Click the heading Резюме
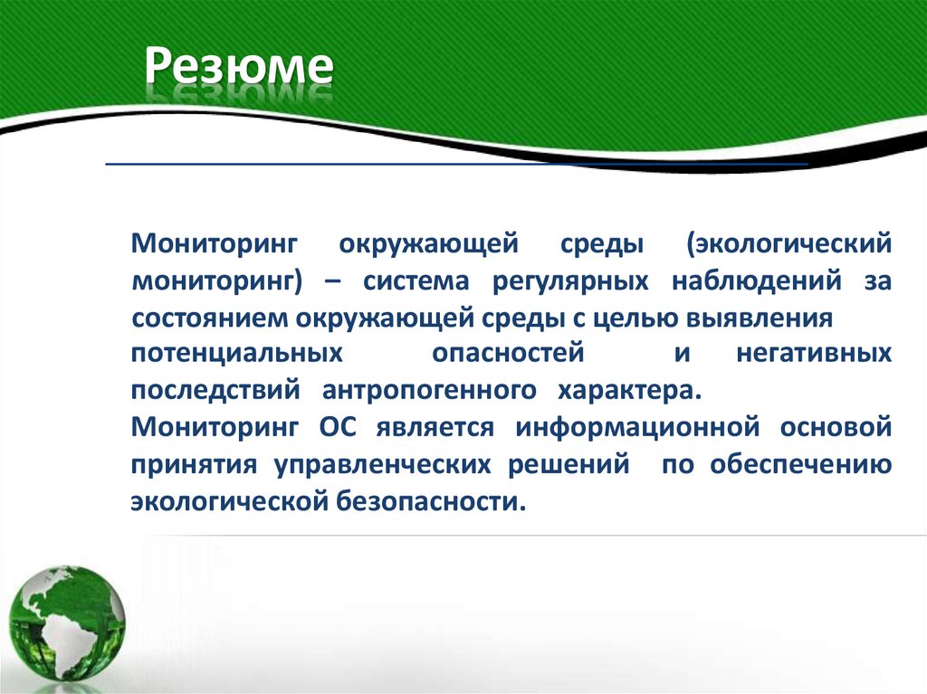[241, 70]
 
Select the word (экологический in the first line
[788, 243]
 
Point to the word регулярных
[570, 280]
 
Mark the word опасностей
[507, 353]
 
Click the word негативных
[813, 353]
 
